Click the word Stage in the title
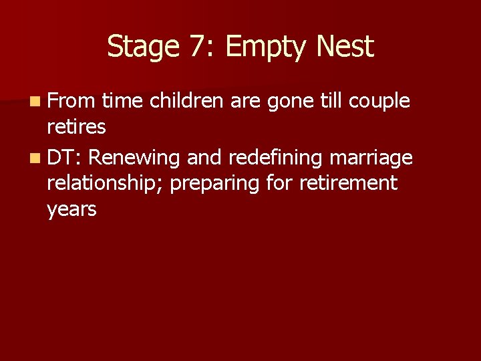(139, 47)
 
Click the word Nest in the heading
(345, 47)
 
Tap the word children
(188, 101)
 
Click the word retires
(76, 128)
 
